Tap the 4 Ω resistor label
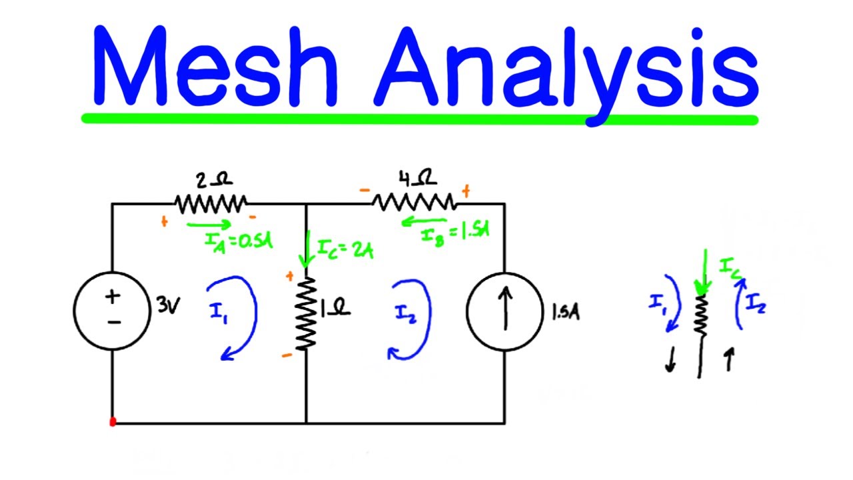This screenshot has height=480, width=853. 418,179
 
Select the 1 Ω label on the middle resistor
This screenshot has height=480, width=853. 335,309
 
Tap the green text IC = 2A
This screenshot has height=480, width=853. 345,251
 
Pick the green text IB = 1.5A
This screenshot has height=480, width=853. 456,234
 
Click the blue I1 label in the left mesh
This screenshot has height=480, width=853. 220,313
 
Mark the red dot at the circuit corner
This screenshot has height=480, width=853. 113,422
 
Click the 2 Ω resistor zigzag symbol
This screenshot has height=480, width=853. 211,203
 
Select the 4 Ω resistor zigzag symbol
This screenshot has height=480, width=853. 415,202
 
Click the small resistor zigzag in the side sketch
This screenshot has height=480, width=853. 700,315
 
